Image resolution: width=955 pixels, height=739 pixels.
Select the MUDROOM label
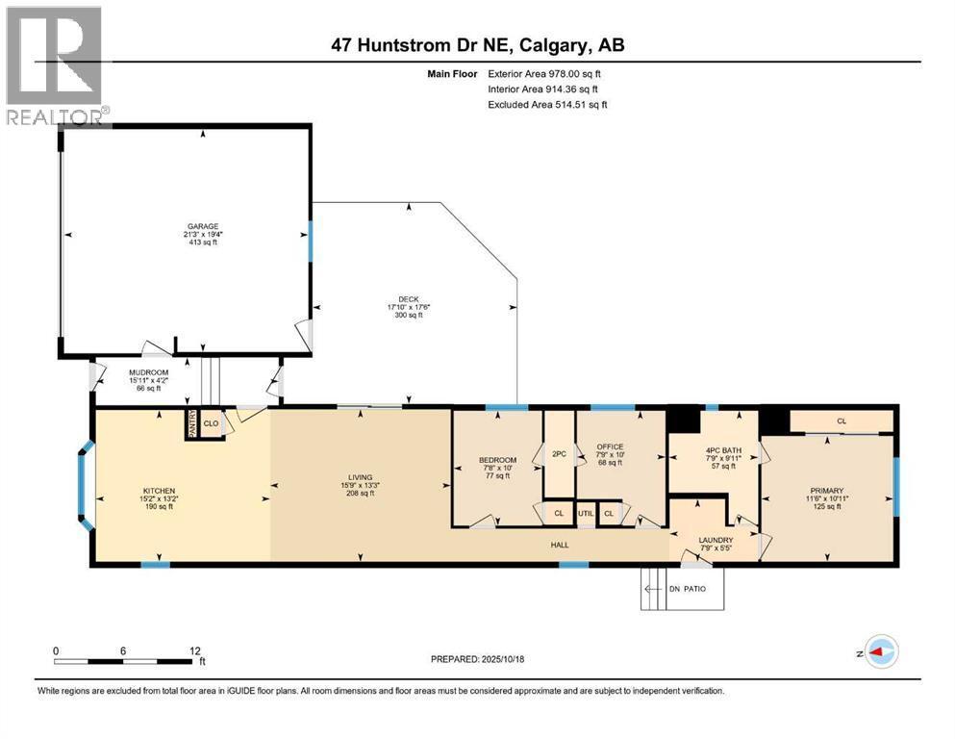click(x=149, y=372)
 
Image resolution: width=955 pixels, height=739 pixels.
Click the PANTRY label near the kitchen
click(x=191, y=423)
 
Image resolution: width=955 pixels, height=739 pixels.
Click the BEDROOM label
click(x=497, y=460)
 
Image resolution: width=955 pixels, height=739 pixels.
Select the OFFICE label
click(x=610, y=446)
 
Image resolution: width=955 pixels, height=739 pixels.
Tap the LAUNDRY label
click(x=716, y=541)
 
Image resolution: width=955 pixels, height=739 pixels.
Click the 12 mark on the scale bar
click(x=194, y=650)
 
